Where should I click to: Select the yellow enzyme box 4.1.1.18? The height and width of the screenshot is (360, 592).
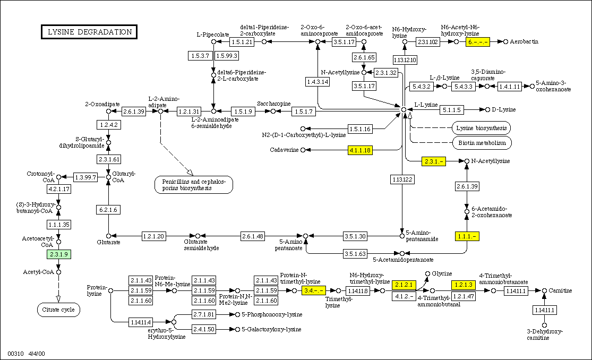point(360,150)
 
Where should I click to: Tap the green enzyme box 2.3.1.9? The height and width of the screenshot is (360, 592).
point(59,254)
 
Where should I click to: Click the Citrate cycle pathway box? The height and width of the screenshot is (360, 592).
point(58,309)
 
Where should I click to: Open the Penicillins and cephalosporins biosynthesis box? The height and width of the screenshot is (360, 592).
point(194,184)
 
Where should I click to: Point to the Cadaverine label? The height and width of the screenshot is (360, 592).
point(285,150)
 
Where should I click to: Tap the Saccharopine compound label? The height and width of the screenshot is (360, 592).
point(274,104)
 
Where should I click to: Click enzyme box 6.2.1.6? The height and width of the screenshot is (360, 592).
point(108,210)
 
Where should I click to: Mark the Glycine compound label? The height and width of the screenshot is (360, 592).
point(442,273)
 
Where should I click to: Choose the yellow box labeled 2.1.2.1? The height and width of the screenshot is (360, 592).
point(403,285)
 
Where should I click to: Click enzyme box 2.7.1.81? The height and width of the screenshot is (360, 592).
point(204,314)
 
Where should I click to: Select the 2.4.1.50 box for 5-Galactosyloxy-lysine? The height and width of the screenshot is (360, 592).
point(204,329)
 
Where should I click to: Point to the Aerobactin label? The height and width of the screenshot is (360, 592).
point(525,41)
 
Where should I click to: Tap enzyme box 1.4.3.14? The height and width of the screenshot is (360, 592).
point(318,81)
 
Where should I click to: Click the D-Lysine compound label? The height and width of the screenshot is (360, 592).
point(503,109)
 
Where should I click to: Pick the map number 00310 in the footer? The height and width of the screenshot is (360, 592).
point(16,353)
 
